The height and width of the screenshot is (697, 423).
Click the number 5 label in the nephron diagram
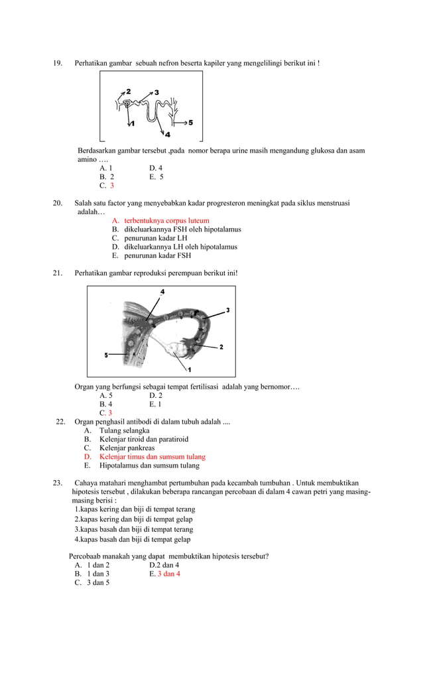[x=191, y=123]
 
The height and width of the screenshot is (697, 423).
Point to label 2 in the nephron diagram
[x=128, y=91]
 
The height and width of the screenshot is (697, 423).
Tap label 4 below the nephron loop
[x=158, y=135]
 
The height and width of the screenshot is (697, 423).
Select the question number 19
[x=58, y=63]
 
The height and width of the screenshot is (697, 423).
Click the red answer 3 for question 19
[x=112, y=186]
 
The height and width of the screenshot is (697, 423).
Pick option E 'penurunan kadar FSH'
[x=157, y=255]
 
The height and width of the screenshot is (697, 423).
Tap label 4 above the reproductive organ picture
[x=162, y=292]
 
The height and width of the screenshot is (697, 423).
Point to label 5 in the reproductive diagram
[x=106, y=355]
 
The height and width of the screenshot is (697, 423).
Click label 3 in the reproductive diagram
[x=227, y=310]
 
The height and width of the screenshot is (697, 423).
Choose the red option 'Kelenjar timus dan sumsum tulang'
[x=152, y=456]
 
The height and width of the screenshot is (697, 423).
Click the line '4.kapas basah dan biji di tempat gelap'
[x=132, y=539]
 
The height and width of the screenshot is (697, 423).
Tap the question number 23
[x=58, y=482]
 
